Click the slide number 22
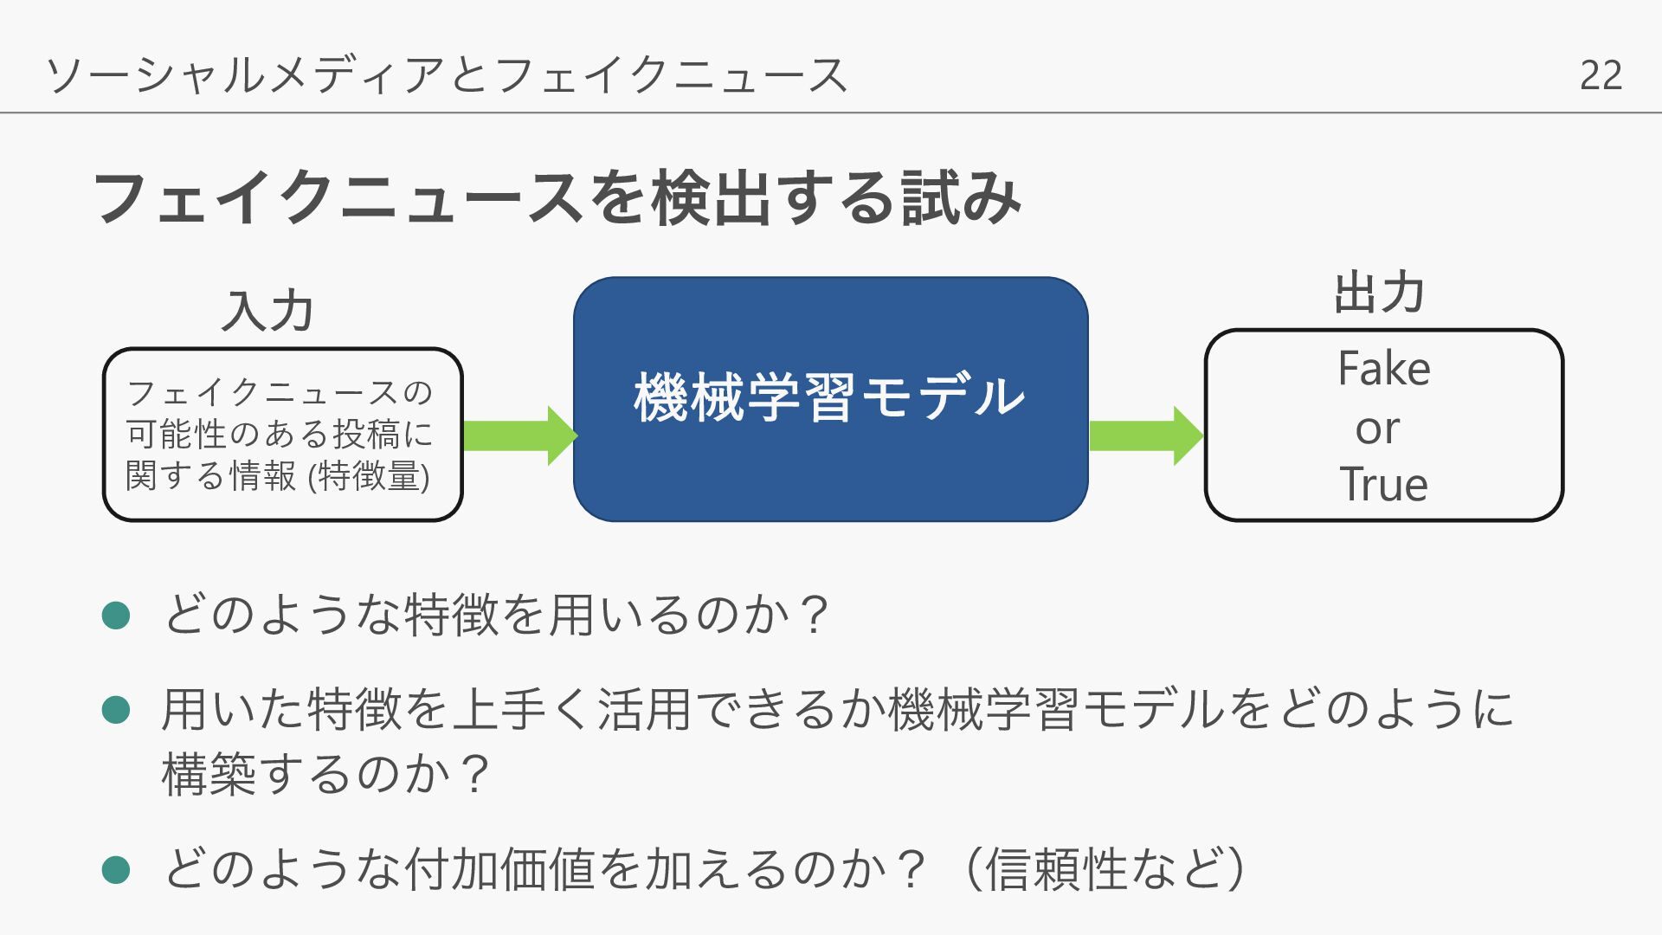tap(1601, 75)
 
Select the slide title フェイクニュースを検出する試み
tap(557, 198)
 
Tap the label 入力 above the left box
tap(267, 311)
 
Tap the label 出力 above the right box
tap(1379, 293)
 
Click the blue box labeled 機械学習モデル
tap(830, 399)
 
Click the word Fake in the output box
tap(1383, 370)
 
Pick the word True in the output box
tap(1383, 484)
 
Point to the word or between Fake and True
tap(1377, 429)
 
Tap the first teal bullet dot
tap(116, 616)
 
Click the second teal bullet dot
tap(116, 710)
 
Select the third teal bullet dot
tap(116, 869)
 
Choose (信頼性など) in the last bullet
tap(1105, 869)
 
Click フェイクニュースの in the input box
tap(279, 393)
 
